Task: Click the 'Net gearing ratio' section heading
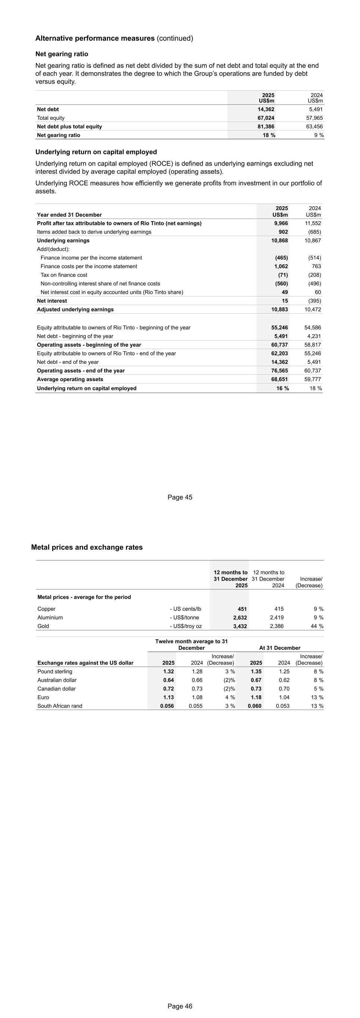62,54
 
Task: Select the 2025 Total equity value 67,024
266,118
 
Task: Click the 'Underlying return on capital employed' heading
96,152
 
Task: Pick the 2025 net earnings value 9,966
281,223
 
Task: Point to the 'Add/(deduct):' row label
53,249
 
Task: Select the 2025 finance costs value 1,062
281,266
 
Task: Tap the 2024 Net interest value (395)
314,301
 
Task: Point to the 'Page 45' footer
180,497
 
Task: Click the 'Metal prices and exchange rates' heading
87,547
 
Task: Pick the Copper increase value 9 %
318,609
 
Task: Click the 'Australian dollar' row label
57,680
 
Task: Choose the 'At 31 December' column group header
279,648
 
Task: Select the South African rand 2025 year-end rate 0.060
254,706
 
